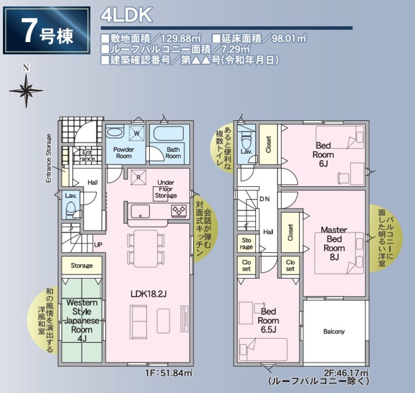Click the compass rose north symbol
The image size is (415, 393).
26,89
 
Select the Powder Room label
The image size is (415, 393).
123,153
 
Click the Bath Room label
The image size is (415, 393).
173,153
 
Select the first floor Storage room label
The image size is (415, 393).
81,265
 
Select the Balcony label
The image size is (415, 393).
334,332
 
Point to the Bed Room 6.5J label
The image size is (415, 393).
268,321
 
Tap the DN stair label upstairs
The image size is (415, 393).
265,199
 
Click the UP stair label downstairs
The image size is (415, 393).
98,245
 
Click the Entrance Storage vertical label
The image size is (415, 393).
49,158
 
